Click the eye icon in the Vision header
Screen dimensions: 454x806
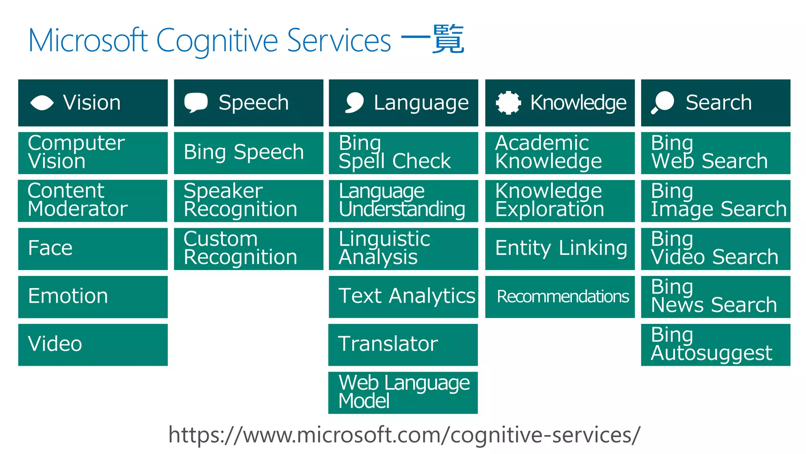[x=42, y=103]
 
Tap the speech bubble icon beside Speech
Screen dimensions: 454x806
[x=196, y=102]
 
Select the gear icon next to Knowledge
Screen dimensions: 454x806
[x=508, y=102]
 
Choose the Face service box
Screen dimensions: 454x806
[x=93, y=249]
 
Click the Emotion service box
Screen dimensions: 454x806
[x=93, y=297]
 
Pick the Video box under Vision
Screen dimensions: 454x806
[x=93, y=344]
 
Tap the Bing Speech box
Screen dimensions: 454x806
[x=248, y=153]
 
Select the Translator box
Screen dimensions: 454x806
[x=403, y=344]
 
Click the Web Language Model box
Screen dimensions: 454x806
[x=403, y=393]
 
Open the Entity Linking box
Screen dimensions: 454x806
[x=560, y=249]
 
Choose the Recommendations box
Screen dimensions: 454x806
[x=560, y=297]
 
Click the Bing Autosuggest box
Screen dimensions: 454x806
[x=715, y=344]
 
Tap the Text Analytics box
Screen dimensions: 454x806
[x=403, y=297]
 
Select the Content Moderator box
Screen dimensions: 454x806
[x=93, y=201]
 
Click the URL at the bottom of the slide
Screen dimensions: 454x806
[x=404, y=435]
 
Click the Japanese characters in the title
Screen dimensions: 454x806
[x=433, y=39]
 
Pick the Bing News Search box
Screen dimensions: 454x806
[x=715, y=297]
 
